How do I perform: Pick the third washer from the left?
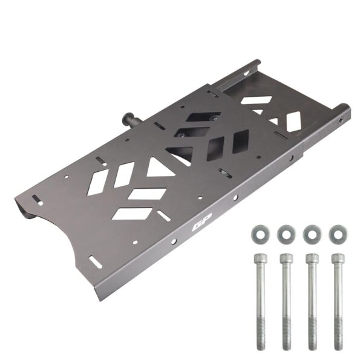[311, 232]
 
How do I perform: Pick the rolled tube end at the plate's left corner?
[25, 209]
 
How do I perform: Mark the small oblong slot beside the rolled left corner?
[38, 200]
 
